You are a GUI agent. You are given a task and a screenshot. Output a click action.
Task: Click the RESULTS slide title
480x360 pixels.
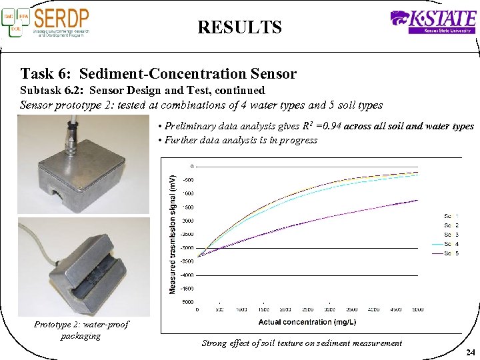pos(239,27)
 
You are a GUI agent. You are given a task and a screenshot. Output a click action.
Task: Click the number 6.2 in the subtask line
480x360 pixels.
pos(78,90)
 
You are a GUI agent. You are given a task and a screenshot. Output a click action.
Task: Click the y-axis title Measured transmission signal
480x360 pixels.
pos(173,233)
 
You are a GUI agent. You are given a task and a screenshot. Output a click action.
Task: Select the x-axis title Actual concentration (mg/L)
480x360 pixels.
pos(307,322)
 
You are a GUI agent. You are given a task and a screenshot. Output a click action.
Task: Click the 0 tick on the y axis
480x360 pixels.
pos(192,166)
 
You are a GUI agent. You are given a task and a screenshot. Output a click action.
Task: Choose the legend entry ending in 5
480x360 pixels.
pos(451,254)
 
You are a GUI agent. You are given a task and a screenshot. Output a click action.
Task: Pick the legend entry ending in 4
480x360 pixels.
pos(451,245)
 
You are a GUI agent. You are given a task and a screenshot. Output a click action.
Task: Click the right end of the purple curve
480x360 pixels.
pos(417,199)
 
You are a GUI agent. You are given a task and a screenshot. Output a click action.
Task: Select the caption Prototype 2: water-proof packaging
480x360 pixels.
pos(81,330)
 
